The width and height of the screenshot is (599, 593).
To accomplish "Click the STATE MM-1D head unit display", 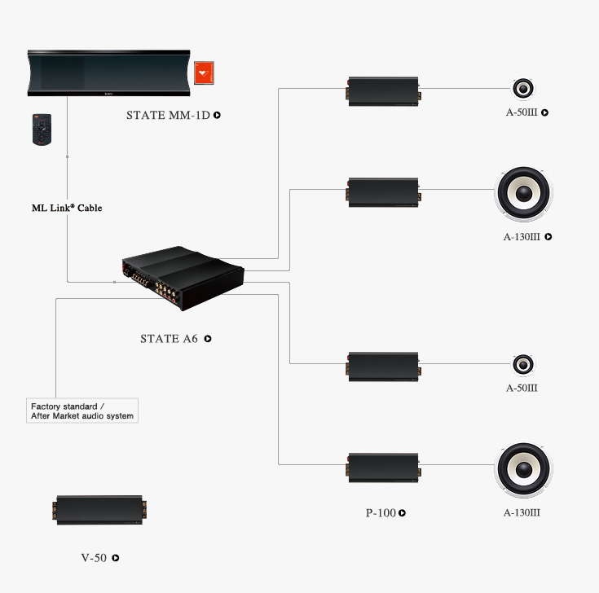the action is click(x=109, y=73).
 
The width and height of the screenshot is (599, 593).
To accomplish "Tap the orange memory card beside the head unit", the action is click(x=204, y=72).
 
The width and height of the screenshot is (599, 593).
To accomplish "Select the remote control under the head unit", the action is click(x=42, y=130).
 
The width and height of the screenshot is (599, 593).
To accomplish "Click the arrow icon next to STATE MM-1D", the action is click(x=217, y=115).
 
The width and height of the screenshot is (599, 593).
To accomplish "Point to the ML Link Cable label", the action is click(x=67, y=208).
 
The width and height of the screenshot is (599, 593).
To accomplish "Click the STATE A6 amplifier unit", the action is click(x=183, y=278).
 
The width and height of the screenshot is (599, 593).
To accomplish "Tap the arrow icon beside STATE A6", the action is click(x=208, y=339).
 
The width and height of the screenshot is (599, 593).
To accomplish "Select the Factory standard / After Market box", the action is click(x=82, y=411).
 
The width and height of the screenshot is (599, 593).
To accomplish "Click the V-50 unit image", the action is click(x=99, y=510).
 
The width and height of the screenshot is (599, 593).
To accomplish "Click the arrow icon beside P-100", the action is click(x=403, y=513).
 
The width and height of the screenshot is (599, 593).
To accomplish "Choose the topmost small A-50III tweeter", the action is click(x=523, y=89).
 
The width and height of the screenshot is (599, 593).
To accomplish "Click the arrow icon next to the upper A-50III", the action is click(x=544, y=112).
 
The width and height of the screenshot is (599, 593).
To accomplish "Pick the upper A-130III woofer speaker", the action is click(x=523, y=193).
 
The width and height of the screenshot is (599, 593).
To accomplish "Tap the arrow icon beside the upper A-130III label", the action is click(x=548, y=237).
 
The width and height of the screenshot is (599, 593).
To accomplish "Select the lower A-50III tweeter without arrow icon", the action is click(x=523, y=365).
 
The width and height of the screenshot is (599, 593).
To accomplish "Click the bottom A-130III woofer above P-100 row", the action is click(x=523, y=470).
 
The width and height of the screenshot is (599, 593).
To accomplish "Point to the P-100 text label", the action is click(x=381, y=513).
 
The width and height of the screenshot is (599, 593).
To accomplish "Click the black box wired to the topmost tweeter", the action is click(x=384, y=92).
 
